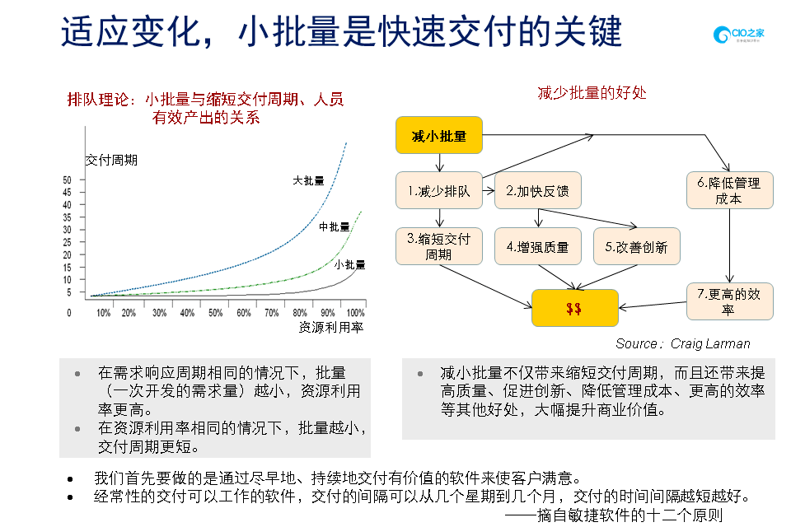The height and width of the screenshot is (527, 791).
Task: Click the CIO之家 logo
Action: pyautogui.click(x=738, y=35)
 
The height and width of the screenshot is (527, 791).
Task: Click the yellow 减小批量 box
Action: pyautogui.click(x=438, y=136)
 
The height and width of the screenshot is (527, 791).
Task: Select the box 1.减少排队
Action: pyautogui.click(x=438, y=191)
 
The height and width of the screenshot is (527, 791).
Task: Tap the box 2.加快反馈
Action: pyautogui.click(x=537, y=191)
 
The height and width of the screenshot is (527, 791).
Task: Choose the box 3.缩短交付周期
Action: pyautogui.click(x=438, y=246)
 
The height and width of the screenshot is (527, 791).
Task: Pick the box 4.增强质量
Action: pyautogui.click(x=537, y=246)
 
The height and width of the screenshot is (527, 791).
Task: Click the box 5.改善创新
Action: pyautogui.click(x=636, y=246)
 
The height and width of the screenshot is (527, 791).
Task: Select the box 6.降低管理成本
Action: pyautogui.click(x=729, y=190)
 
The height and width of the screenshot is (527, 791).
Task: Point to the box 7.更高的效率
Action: pyautogui.click(x=729, y=301)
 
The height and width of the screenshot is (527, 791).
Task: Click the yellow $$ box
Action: pyautogui.click(x=574, y=308)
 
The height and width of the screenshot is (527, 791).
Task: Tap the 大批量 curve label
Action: pyautogui.click(x=309, y=180)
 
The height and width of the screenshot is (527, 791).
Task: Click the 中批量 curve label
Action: pyautogui.click(x=335, y=226)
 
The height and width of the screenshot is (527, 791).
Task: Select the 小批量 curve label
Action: pyautogui.click(x=349, y=264)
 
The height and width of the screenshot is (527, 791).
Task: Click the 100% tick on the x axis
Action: pyautogui.click(x=355, y=313)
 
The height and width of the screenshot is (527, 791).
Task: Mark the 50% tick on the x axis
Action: pyautogui.click(x=215, y=313)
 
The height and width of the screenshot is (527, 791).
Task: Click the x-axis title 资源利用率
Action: pyautogui.click(x=331, y=327)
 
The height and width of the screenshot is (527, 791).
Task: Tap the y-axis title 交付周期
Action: pyautogui.click(x=111, y=160)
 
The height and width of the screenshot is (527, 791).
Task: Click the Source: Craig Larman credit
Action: pyautogui.click(x=682, y=343)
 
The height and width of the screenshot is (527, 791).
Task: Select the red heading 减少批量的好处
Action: pyautogui.click(x=592, y=92)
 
